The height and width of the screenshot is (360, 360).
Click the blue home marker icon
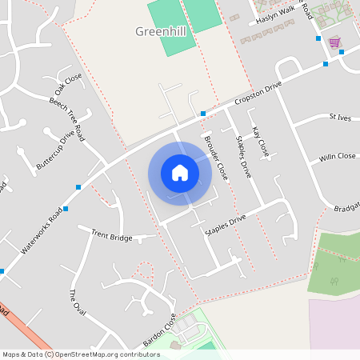tap(180, 173)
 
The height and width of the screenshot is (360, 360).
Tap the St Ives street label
tap(340, 117)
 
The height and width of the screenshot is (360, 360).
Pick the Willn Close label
tap(337, 157)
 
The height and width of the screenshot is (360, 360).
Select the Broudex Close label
tap(215, 157)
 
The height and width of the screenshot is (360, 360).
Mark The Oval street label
tap(77, 302)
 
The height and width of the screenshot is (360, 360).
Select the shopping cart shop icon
tap(334, 42)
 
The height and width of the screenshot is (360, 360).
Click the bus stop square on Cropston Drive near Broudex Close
tap(203, 114)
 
